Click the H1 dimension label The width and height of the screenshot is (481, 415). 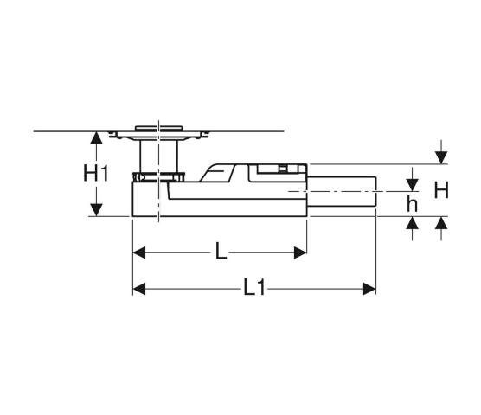[x=96, y=173]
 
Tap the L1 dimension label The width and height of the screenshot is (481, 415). [x=254, y=288]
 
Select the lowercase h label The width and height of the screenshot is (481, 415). [x=412, y=203]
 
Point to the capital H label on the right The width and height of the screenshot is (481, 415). [x=441, y=190]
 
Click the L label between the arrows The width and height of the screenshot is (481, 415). [x=221, y=251]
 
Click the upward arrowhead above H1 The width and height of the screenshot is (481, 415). [x=97, y=137]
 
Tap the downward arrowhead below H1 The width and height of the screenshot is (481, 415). [x=97, y=210]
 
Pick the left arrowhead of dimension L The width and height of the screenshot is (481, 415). [x=139, y=252]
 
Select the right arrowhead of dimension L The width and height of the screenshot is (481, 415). [x=300, y=252]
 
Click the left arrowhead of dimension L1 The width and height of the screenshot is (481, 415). [x=139, y=289]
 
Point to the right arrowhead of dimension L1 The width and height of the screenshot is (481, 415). [x=369, y=289]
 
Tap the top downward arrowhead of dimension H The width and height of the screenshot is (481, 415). [x=441, y=158]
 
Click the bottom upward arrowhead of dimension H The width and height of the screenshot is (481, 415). [x=441, y=223]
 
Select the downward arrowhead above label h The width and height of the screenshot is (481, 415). [x=413, y=185]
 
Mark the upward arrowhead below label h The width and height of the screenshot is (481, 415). [x=413, y=223]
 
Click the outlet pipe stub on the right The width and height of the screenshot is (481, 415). [x=342, y=192]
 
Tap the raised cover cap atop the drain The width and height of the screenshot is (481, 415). [x=159, y=128]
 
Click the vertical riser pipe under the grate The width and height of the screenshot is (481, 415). [x=158, y=156]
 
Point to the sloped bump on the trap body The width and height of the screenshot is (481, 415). [x=217, y=173]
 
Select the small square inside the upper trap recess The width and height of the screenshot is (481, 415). [x=283, y=169]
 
